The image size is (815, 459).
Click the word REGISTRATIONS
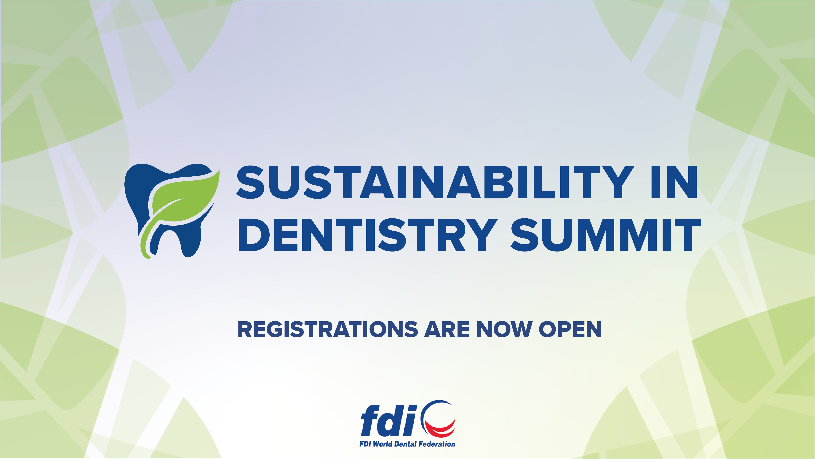(x=328, y=330)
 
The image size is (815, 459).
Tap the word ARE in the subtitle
(x=447, y=330)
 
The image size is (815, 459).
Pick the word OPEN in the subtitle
(x=570, y=330)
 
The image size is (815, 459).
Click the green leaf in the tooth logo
(x=184, y=200)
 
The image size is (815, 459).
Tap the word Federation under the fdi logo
(x=437, y=444)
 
